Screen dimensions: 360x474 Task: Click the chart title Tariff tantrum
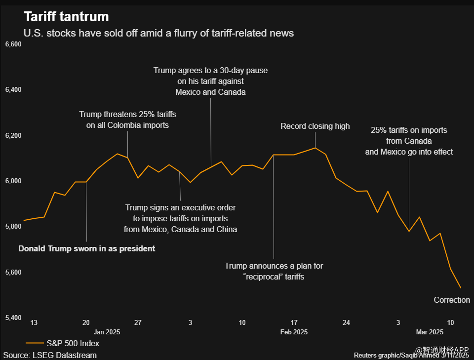point(66,17)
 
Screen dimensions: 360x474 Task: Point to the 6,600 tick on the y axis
point(13,44)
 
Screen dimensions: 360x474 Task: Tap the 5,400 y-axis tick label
point(13,318)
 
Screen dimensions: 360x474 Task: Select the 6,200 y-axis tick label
point(13,135)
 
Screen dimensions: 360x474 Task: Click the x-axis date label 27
point(138,322)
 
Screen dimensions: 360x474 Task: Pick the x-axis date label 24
point(346,322)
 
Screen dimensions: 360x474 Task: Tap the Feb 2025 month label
point(294,332)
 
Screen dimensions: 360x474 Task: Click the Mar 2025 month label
point(429,332)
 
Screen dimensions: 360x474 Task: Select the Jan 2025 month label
point(107,332)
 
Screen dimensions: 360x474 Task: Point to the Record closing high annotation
point(315,126)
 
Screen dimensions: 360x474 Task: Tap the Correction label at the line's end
point(452,300)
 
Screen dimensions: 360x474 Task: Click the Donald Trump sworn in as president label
point(86,248)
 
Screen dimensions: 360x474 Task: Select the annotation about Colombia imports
point(127,120)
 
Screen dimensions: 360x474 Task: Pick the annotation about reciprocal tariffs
point(274,271)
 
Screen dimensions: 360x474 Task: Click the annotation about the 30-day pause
point(210,81)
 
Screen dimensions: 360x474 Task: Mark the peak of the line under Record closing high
point(315,148)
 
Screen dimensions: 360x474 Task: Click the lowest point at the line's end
point(460,287)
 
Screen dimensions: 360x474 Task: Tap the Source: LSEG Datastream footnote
point(50,355)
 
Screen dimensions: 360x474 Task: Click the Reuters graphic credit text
point(411,355)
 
